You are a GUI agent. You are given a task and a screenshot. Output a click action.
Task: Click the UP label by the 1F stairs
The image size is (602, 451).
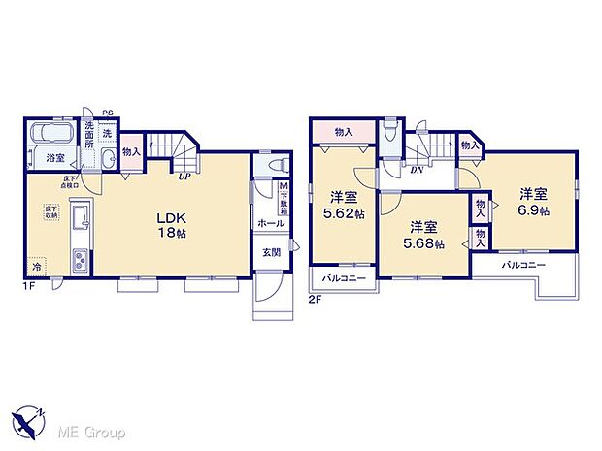coord(183,177)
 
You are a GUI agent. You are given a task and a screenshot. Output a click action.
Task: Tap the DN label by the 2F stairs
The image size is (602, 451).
coord(416,171)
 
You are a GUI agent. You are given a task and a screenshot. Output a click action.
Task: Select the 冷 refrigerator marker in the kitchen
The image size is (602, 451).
coord(34,267)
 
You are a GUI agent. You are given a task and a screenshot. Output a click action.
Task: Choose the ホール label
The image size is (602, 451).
coord(270,223)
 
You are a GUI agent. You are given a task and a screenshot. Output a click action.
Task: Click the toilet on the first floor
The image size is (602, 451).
coord(275,165)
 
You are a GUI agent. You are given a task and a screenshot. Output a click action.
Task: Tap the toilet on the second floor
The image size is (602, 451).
coord(390,135)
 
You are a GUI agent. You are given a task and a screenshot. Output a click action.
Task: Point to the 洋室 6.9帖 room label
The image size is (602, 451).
coord(531,202)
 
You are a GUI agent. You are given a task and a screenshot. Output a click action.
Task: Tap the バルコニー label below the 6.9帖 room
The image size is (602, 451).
coord(523,265)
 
